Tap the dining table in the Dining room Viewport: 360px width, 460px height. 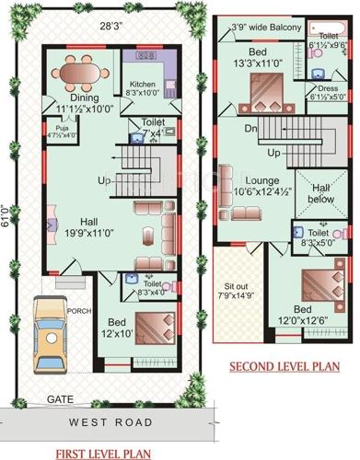coord(85,71)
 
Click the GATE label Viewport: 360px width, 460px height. coord(62,400)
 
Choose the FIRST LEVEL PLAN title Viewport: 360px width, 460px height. coord(102,453)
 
